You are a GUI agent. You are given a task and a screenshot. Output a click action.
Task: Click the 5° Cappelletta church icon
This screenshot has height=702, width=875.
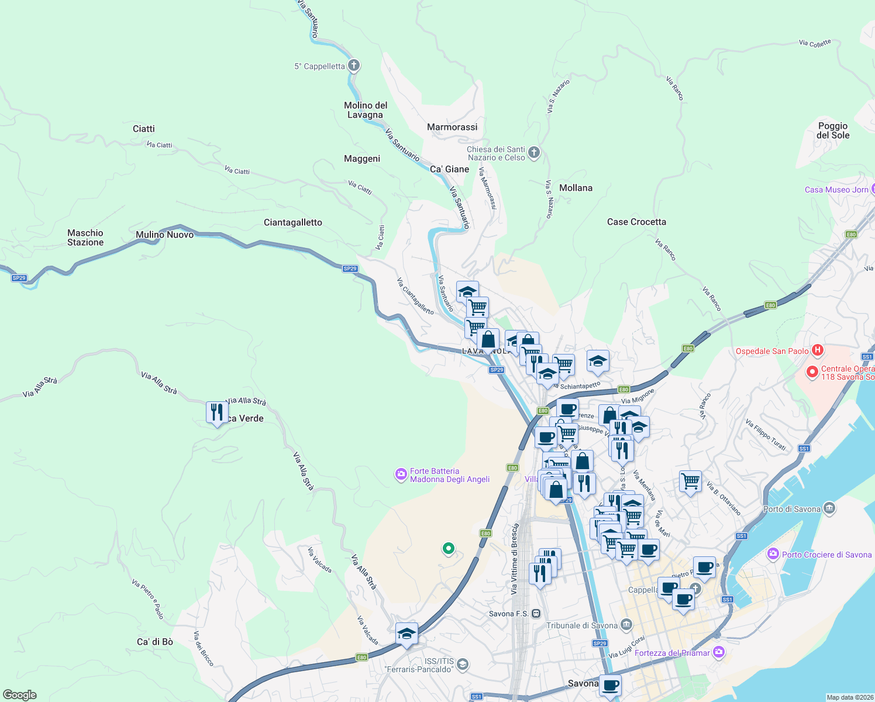353,66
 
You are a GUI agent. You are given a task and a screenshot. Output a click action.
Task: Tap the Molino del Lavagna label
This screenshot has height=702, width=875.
366,110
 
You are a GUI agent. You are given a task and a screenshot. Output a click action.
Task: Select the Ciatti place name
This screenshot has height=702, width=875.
144,129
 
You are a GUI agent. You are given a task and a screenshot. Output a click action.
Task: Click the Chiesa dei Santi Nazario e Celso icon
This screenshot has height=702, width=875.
533,153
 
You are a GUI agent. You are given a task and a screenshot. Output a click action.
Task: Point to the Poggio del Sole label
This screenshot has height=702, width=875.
833,130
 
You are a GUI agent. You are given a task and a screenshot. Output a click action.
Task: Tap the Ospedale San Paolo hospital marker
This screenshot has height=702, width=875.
818,351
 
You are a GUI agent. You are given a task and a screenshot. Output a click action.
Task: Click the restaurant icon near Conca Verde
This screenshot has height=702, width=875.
217,412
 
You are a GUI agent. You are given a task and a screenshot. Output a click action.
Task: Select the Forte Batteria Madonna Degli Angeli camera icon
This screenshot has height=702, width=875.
401,474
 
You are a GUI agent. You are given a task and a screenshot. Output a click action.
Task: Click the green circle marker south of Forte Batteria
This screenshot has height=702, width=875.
449,548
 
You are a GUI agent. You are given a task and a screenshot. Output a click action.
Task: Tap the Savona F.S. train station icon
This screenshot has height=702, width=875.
536,614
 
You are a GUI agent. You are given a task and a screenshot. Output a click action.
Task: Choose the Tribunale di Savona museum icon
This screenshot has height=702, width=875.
626,625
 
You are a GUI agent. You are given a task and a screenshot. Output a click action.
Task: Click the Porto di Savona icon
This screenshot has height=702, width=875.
829,509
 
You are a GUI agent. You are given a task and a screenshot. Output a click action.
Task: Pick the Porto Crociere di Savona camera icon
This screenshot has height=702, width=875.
773,554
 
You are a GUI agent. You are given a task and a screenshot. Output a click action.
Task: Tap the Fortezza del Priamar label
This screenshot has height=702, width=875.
672,653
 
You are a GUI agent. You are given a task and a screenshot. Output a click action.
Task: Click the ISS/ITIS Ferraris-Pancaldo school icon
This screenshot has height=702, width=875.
463,664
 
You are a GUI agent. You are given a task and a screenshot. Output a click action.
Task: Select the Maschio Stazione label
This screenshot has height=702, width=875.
85,238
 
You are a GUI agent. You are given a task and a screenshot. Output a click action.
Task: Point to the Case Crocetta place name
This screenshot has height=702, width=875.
636,222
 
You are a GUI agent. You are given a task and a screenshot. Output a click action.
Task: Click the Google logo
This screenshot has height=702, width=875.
20,694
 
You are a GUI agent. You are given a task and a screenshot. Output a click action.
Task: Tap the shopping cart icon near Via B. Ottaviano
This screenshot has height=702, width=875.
691,481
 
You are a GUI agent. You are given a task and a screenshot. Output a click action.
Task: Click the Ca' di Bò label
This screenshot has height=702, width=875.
155,642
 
